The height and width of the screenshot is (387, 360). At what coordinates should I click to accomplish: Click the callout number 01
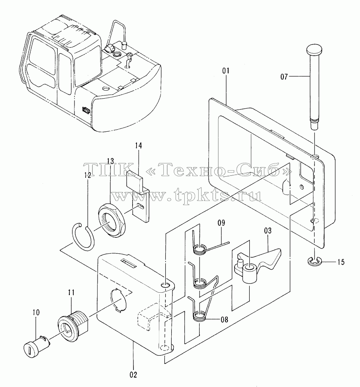pyautogui.click(x=226, y=71)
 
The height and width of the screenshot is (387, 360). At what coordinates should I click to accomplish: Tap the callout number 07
pyautogui.click(x=284, y=77)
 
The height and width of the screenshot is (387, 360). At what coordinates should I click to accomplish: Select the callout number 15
pyautogui.click(x=341, y=262)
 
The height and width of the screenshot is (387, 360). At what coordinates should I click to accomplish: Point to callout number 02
pyautogui.click(x=133, y=375)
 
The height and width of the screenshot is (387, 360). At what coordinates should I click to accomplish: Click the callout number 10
pyautogui.click(x=36, y=313)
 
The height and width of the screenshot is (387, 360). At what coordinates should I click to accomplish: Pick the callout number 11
pyautogui.click(x=71, y=293)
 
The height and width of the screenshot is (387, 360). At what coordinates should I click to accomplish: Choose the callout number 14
pyautogui.click(x=138, y=146)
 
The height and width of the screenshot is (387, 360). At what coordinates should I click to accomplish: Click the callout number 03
pyautogui.click(x=268, y=231)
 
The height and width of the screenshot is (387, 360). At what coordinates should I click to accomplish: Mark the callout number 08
pyautogui.click(x=224, y=320)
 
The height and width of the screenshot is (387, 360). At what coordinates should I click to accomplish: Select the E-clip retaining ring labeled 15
pyautogui.click(x=314, y=262)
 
